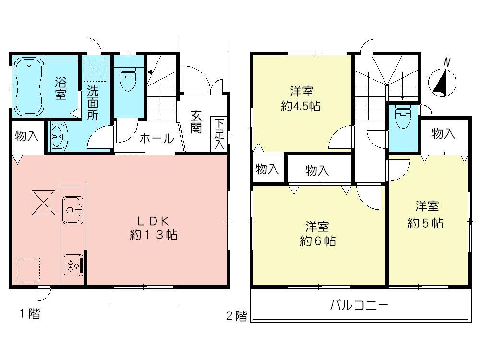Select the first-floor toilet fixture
[128, 80]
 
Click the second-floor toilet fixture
[402, 118]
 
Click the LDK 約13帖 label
[153, 228]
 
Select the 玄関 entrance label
[195, 122]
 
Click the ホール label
[156, 139]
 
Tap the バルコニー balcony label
[358, 305]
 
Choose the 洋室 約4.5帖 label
[300, 99]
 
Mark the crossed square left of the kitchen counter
[44, 202]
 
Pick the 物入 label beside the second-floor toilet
[443, 134]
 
